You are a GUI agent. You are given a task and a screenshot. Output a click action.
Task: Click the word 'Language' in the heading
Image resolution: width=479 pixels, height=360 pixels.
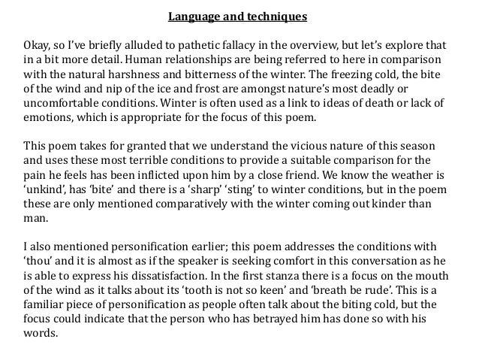[x=191, y=15]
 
